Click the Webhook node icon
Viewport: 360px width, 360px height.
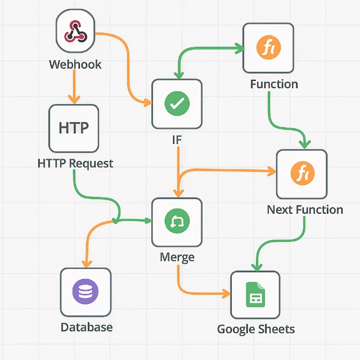tap(76, 32)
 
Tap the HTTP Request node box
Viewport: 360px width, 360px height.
tap(74, 128)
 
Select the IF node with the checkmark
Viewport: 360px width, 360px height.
tap(177, 103)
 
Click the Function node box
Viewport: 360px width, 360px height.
tap(268, 48)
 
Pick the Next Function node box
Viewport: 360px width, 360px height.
tap(301, 174)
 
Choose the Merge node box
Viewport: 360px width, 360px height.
tap(177, 222)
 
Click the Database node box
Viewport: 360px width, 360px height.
tap(85, 292)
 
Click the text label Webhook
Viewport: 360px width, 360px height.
tap(75, 64)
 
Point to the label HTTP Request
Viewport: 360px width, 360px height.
tap(75, 164)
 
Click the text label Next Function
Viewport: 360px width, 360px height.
tap(305, 210)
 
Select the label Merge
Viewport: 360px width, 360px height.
tap(177, 258)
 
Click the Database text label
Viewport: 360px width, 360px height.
tap(87, 327)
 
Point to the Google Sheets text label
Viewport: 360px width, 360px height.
tap(256, 329)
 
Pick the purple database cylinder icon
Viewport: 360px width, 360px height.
tap(85, 292)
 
